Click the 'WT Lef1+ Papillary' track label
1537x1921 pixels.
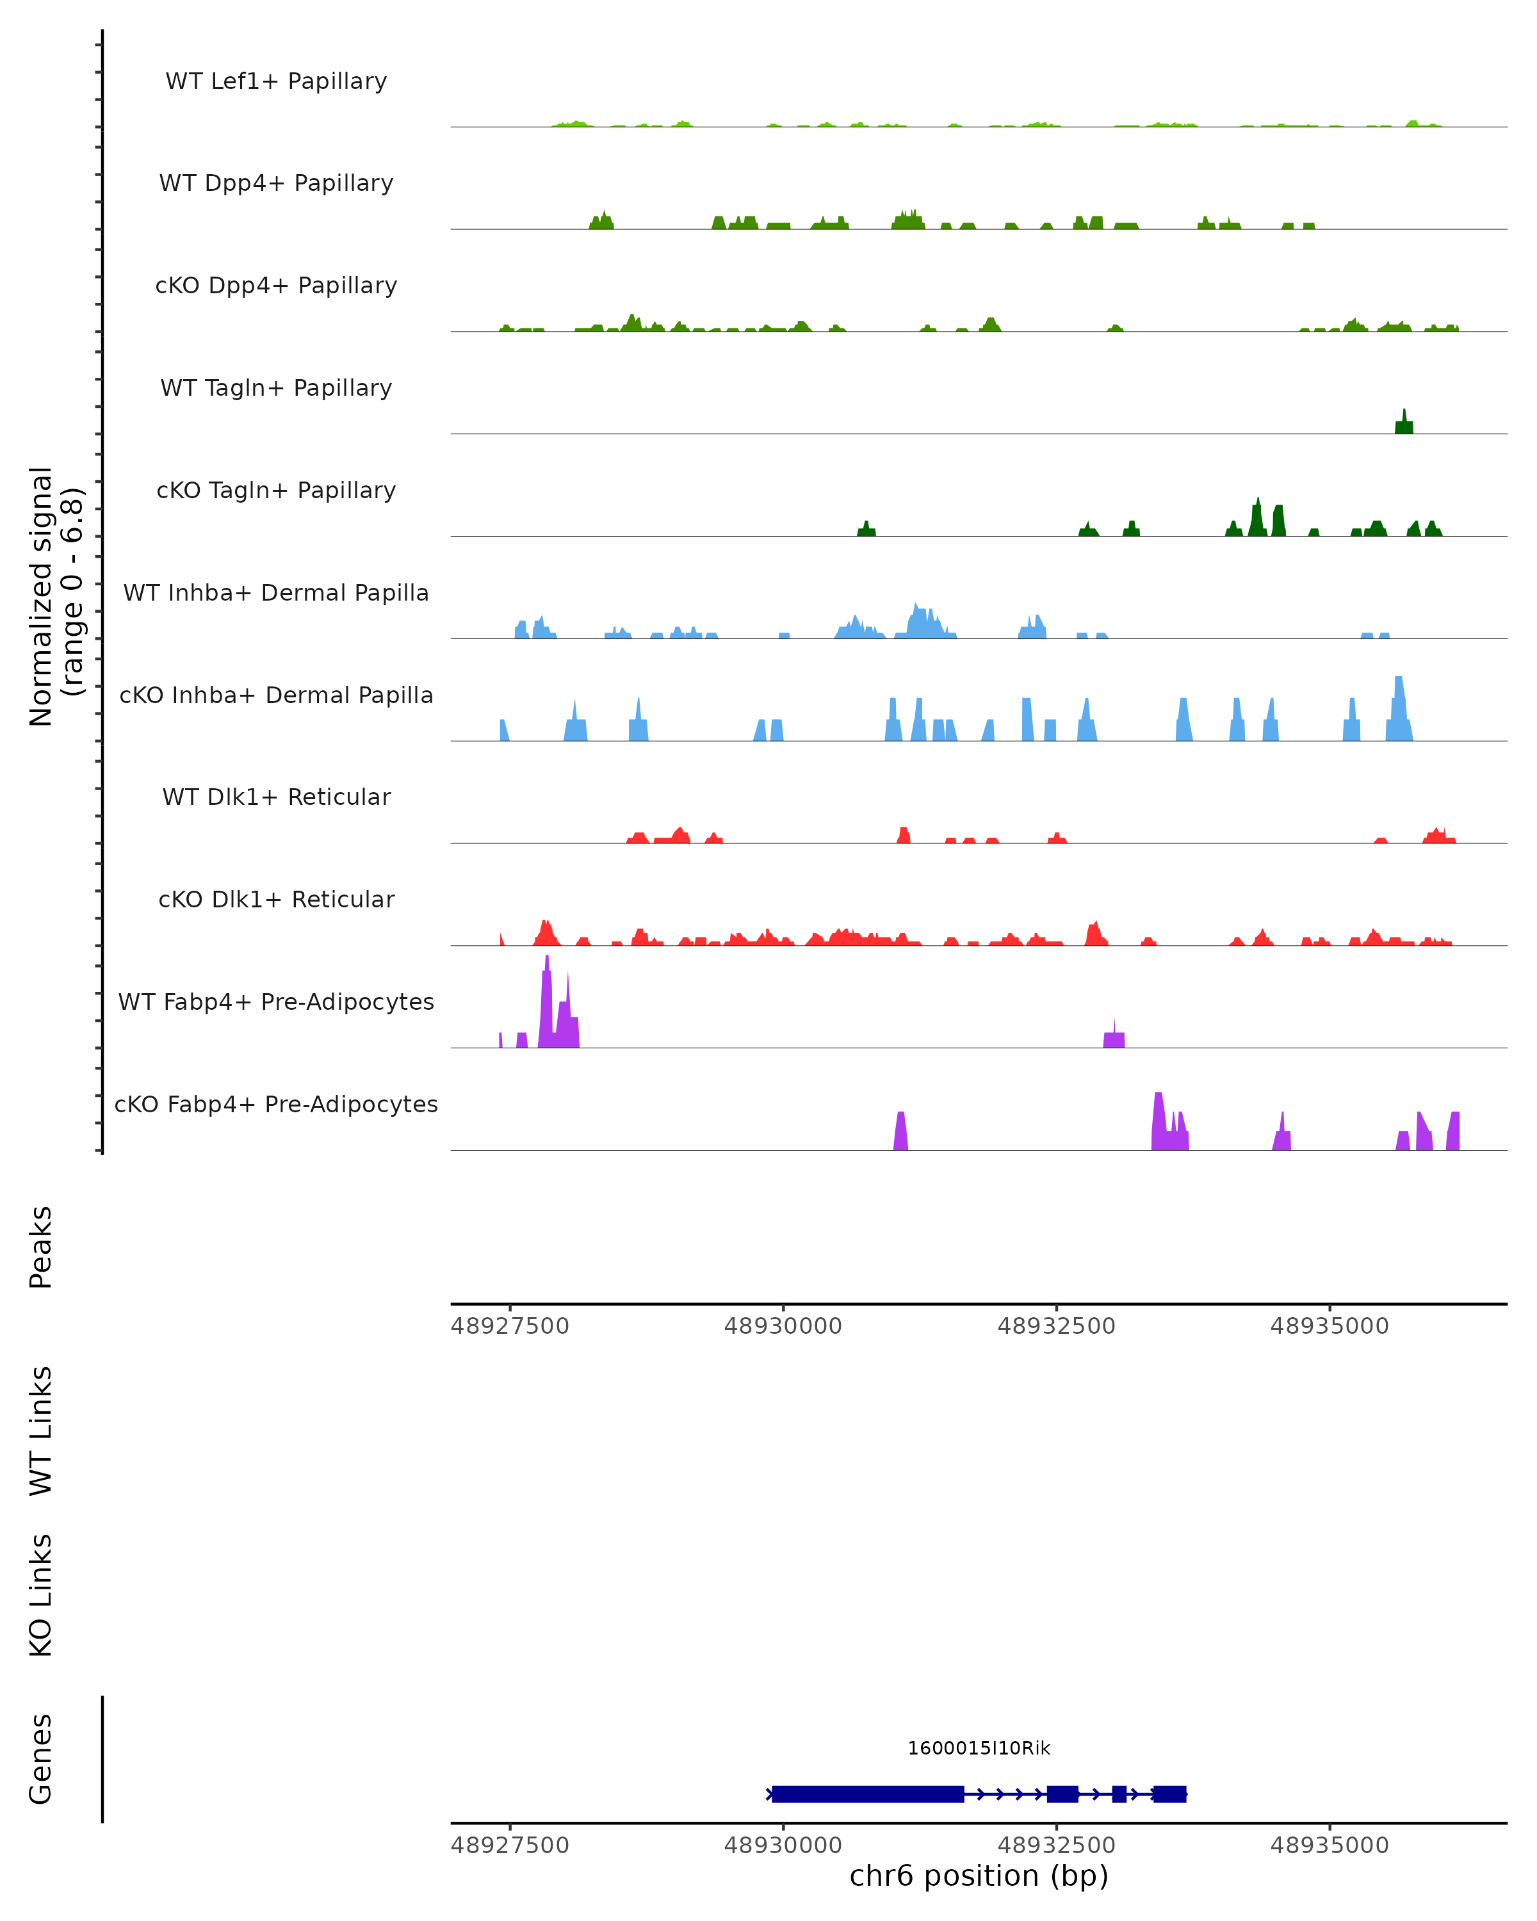coord(276,81)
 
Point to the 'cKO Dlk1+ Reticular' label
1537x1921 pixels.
coord(276,899)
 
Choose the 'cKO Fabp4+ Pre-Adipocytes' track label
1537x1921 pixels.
coord(276,1104)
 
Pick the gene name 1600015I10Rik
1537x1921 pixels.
coord(979,1748)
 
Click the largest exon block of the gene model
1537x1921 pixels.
coord(867,1794)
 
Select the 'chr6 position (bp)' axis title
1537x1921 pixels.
coord(979,1876)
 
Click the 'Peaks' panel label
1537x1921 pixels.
coord(41,1247)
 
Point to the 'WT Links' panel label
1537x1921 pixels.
coord(41,1430)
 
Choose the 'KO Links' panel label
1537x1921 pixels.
coord(41,1595)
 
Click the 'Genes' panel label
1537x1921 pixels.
coord(41,1759)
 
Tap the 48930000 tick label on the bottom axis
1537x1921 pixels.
coord(783,1845)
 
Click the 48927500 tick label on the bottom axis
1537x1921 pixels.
coord(510,1845)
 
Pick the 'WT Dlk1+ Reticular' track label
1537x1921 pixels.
coord(276,797)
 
